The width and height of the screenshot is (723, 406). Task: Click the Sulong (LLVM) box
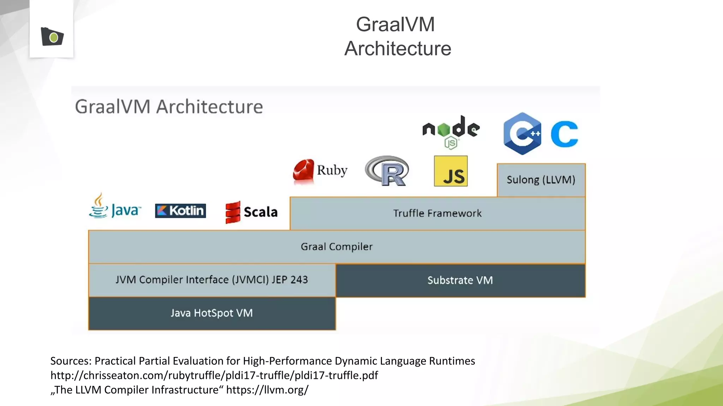pyautogui.click(x=541, y=180)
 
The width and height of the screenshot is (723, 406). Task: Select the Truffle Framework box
pyautogui.click(x=437, y=214)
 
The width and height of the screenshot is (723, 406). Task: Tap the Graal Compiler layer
pyautogui.click(x=336, y=247)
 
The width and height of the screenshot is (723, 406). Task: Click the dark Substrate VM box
pyautogui.click(x=460, y=281)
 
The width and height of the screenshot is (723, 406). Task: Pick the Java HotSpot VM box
pyautogui.click(x=212, y=313)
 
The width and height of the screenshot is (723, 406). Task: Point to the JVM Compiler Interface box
pyautogui.click(x=212, y=280)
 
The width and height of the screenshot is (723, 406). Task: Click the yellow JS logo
pyautogui.click(x=451, y=171)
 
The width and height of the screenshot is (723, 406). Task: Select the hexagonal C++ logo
pyautogui.click(x=522, y=134)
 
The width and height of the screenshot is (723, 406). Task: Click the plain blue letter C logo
pyautogui.click(x=564, y=134)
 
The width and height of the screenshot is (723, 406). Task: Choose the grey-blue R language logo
pyautogui.click(x=387, y=171)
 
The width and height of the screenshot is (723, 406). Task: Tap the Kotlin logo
pyautogui.click(x=180, y=211)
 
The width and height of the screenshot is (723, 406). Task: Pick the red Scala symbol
pyautogui.click(x=233, y=212)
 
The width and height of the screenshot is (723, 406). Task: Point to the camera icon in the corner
pyautogui.click(x=52, y=37)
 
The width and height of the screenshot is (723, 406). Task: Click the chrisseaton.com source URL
pyautogui.click(x=214, y=375)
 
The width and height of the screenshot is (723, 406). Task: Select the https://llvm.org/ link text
pyautogui.click(x=267, y=390)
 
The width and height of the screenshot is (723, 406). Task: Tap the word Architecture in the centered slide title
pyautogui.click(x=398, y=48)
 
